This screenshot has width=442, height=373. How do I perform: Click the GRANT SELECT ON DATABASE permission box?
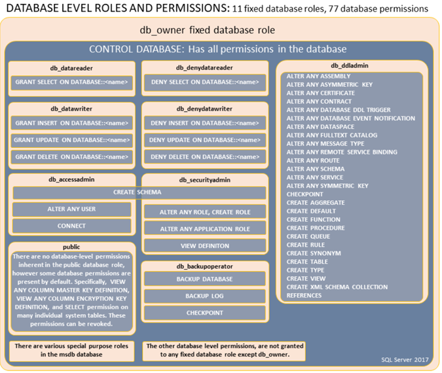click(71, 82)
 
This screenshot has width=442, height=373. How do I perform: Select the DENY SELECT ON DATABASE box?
click(205, 82)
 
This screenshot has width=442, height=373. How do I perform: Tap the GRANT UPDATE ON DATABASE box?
click(71, 140)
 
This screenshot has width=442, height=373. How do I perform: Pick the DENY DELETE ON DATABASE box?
click(205, 157)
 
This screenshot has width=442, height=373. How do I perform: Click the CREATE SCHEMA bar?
click(139, 192)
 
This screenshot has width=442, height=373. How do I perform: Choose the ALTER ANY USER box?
click(71, 209)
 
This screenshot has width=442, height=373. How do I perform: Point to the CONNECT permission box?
click(71, 226)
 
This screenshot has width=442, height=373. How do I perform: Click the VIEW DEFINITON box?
click(205, 246)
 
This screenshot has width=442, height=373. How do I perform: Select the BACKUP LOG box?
click(205, 296)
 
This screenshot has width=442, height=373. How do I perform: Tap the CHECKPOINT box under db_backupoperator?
click(205, 313)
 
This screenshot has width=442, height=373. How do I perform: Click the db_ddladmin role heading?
click(350, 65)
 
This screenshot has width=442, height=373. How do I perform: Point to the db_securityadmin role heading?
click(205, 180)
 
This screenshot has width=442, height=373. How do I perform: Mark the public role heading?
click(71, 247)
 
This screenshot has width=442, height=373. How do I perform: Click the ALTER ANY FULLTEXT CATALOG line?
click(332, 135)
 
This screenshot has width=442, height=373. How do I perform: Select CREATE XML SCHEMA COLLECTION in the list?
click(337, 287)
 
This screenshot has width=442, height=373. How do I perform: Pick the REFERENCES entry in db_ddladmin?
click(304, 296)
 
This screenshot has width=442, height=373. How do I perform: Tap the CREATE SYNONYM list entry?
click(314, 253)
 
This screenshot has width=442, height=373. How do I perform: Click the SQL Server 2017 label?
click(405, 360)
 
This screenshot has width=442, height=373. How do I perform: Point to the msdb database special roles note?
click(71, 351)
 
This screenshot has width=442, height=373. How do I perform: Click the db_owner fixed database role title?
click(208, 30)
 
